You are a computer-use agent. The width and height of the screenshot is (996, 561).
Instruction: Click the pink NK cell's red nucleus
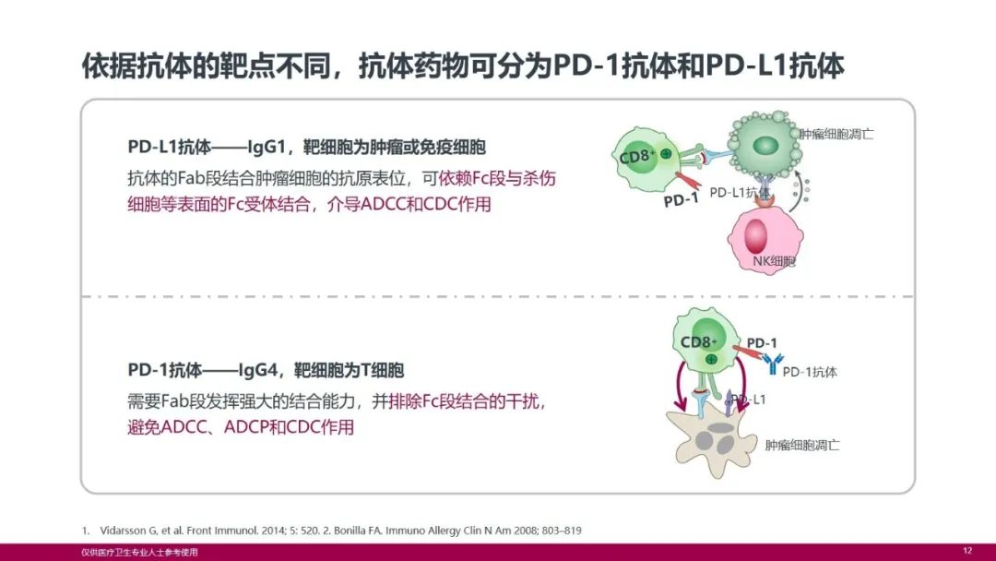[x=756, y=236]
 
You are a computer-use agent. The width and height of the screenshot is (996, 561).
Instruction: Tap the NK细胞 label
[x=774, y=261]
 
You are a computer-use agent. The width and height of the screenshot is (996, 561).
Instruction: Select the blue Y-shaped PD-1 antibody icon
[x=773, y=364]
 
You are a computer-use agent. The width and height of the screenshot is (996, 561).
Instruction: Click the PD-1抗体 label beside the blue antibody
[x=810, y=372]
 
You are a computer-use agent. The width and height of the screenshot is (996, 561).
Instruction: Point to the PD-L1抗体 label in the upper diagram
[x=740, y=192]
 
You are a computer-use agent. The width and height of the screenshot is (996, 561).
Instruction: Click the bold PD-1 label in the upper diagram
[x=681, y=201]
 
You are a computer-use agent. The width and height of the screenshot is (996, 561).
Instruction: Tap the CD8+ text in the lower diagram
[x=698, y=341]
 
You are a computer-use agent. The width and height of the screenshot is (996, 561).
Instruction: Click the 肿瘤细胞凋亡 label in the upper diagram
[x=836, y=134]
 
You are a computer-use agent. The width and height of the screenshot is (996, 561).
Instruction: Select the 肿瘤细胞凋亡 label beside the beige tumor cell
[x=802, y=445]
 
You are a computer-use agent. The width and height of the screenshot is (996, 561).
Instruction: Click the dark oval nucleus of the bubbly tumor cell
[x=765, y=145]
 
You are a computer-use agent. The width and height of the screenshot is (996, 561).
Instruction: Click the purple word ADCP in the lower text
[x=246, y=427]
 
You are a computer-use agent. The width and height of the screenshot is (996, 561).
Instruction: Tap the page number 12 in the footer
[x=967, y=551]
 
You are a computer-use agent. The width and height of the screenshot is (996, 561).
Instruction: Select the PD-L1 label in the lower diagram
[x=748, y=400]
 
